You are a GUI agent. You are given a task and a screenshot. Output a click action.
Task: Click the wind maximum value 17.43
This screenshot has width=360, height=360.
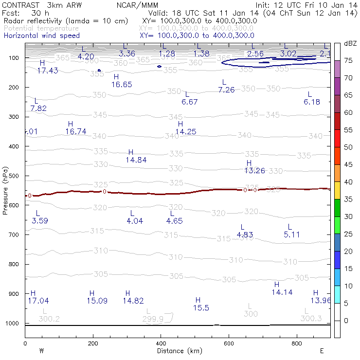pos(48,71)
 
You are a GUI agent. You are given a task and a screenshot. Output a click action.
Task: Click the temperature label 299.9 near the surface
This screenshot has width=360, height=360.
pos(153,319)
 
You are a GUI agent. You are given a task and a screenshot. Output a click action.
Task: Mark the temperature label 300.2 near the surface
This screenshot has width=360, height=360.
pos(49,319)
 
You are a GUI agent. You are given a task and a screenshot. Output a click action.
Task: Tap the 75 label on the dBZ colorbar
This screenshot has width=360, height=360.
pos(348,61)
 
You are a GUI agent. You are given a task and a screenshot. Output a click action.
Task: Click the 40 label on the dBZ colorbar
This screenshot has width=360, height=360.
pos(348,182)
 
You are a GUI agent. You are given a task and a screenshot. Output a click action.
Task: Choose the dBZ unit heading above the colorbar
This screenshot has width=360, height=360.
pos(350,43)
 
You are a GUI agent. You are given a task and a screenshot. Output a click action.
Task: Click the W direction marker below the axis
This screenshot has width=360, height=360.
pos(42,351)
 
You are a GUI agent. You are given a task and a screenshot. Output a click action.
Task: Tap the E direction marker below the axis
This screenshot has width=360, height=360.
pos(322,351)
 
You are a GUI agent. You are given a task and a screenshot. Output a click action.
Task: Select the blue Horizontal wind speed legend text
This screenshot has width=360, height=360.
pos(41,36)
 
